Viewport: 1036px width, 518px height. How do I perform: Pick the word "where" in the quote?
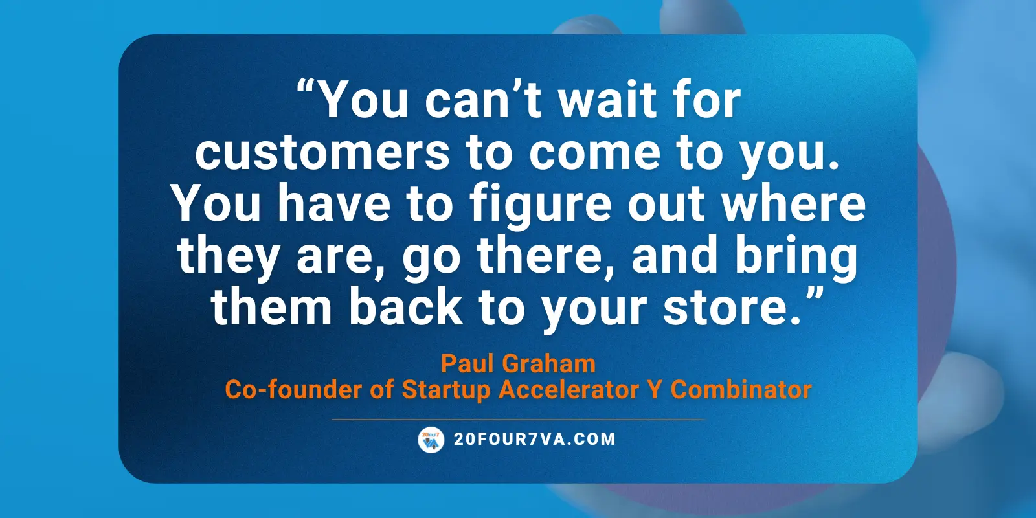click(x=794, y=203)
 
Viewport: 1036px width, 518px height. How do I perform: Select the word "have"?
click(x=334, y=203)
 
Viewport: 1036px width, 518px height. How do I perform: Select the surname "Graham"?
click(x=548, y=363)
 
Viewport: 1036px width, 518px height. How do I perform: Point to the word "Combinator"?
click(x=741, y=389)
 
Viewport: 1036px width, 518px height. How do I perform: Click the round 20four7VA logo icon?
click(x=431, y=440)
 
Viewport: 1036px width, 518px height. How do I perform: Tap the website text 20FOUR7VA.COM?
click(x=535, y=439)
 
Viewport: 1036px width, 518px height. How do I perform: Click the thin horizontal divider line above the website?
click(x=518, y=420)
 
